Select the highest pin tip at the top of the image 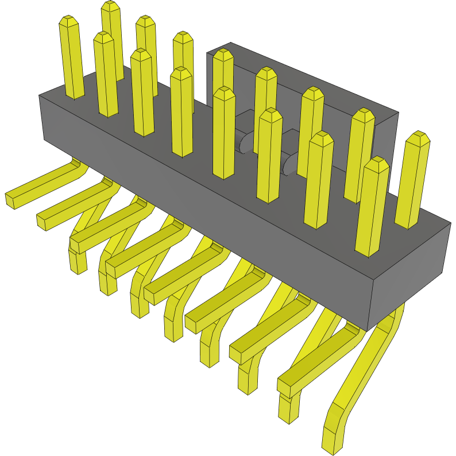pos(110,7)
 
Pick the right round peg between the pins pos(291,164)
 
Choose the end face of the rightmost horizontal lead pos(285,388)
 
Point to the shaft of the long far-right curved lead pos(368,362)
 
